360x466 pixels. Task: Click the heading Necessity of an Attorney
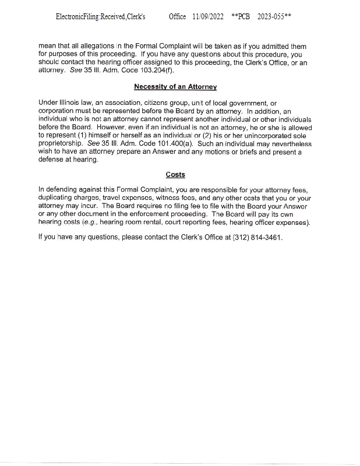click(175, 87)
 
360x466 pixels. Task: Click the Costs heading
click(175, 174)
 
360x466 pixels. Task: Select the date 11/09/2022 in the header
click(208, 17)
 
